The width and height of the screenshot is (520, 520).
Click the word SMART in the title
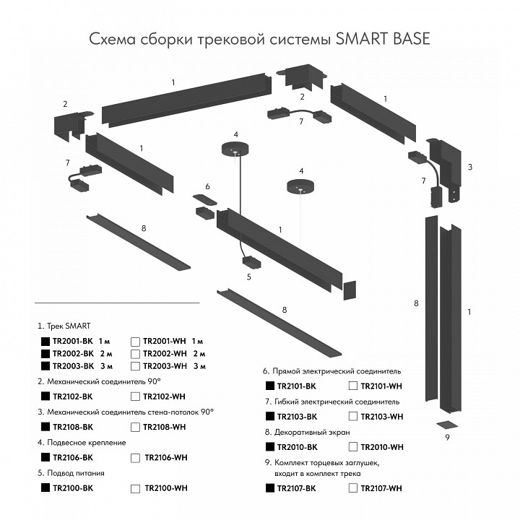click(x=362, y=38)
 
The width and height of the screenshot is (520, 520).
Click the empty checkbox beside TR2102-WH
click(x=135, y=396)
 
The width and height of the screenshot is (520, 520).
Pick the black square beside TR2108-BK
click(x=45, y=427)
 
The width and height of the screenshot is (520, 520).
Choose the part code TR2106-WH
click(x=166, y=457)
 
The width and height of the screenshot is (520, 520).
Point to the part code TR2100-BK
click(x=73, y=488)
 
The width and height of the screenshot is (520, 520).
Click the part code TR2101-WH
click(x=382, y=386)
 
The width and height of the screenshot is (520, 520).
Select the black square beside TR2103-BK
click(x=270, y=416)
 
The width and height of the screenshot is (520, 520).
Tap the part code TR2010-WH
click(x=382, y=447)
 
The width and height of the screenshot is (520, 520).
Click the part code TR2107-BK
click(x=296, y=489)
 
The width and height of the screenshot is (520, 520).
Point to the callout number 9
click(x=447, y=438)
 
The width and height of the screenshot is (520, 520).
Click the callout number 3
click(x=469, y=167)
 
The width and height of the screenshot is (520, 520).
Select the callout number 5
click(x=249, y=277)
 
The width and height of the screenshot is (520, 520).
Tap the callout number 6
click(x=207, y=186)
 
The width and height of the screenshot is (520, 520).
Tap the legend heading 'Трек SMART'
click(x=70, y=326)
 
